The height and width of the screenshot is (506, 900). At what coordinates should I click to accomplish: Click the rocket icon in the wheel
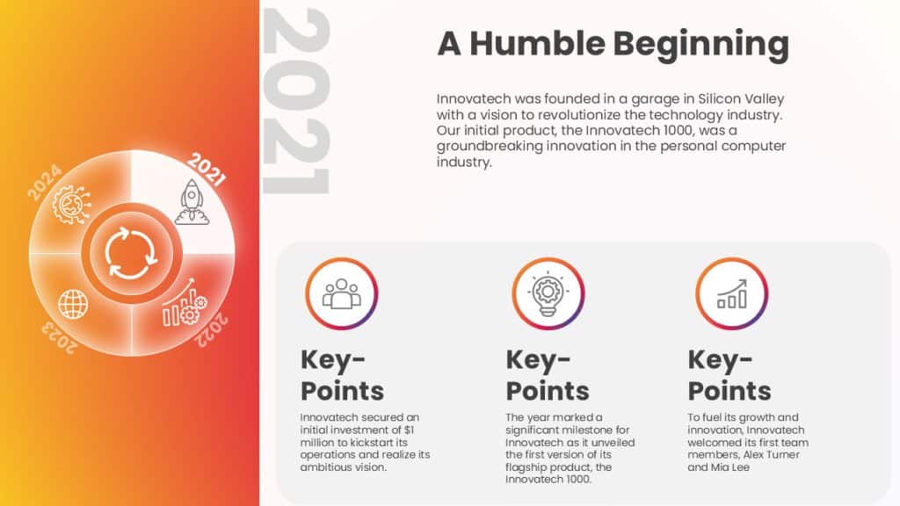(191, 201)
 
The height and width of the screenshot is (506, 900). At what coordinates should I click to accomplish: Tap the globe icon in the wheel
(73, 304)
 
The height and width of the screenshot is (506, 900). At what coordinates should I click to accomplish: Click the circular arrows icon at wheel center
(131, 253)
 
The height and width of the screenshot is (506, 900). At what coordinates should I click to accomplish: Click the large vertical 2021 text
(297, 101)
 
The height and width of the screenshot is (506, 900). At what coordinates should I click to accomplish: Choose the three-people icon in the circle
(341, 294)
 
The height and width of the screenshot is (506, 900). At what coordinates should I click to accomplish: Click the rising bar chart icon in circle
(731, 294)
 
